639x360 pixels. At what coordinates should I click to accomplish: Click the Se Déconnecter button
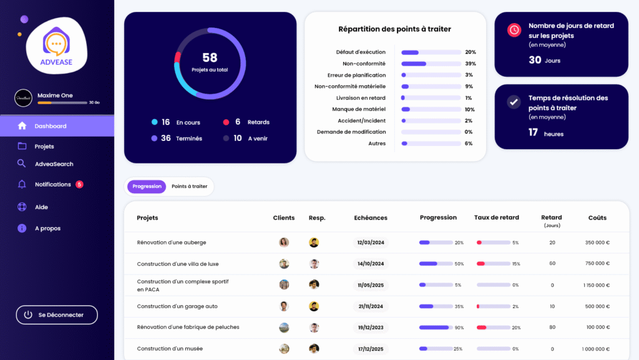[57, 315]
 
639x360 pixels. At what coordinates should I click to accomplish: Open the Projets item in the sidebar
[44, 147]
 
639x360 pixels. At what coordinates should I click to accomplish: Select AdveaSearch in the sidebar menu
[54, 164]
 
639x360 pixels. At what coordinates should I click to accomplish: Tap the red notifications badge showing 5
[79, 185]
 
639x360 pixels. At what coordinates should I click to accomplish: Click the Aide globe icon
[22, 207]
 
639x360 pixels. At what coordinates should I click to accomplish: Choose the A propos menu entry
[47, 228]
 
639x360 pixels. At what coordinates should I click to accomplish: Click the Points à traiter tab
[189, 187]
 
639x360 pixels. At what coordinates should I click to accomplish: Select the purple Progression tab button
[147, 187]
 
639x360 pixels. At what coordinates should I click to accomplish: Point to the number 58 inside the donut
[210, 58]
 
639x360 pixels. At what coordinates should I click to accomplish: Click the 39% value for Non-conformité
[471, 64]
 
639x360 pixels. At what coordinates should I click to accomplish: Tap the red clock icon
[514, 30]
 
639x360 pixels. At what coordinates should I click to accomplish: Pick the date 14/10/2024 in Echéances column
[371, 264]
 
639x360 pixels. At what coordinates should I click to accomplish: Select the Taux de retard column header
[496, 218]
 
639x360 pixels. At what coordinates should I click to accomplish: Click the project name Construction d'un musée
[170, 349]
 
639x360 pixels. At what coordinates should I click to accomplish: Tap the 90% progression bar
[435, 328]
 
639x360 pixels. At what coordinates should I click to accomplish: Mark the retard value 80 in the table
[552, 328]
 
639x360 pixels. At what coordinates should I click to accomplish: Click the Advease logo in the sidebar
[57, 46]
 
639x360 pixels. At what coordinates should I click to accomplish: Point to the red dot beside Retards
[227, 122]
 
